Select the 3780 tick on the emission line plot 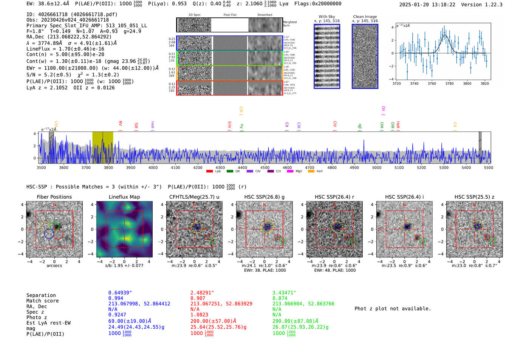point(449,83)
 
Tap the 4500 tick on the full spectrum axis point(265,167)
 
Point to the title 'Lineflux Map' point(124,197)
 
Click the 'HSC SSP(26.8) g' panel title point(264,197)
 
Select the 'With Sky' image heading point(326,17)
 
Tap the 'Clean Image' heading point(365,17)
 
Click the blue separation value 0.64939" point(120,293)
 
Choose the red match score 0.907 point(198,298)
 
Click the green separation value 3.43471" point(284,293)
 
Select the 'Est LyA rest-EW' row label point(48,323)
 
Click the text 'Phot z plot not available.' point(393,309)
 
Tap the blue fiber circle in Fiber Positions point(49,233)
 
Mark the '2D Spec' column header point(194,15)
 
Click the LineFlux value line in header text point(65,49)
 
